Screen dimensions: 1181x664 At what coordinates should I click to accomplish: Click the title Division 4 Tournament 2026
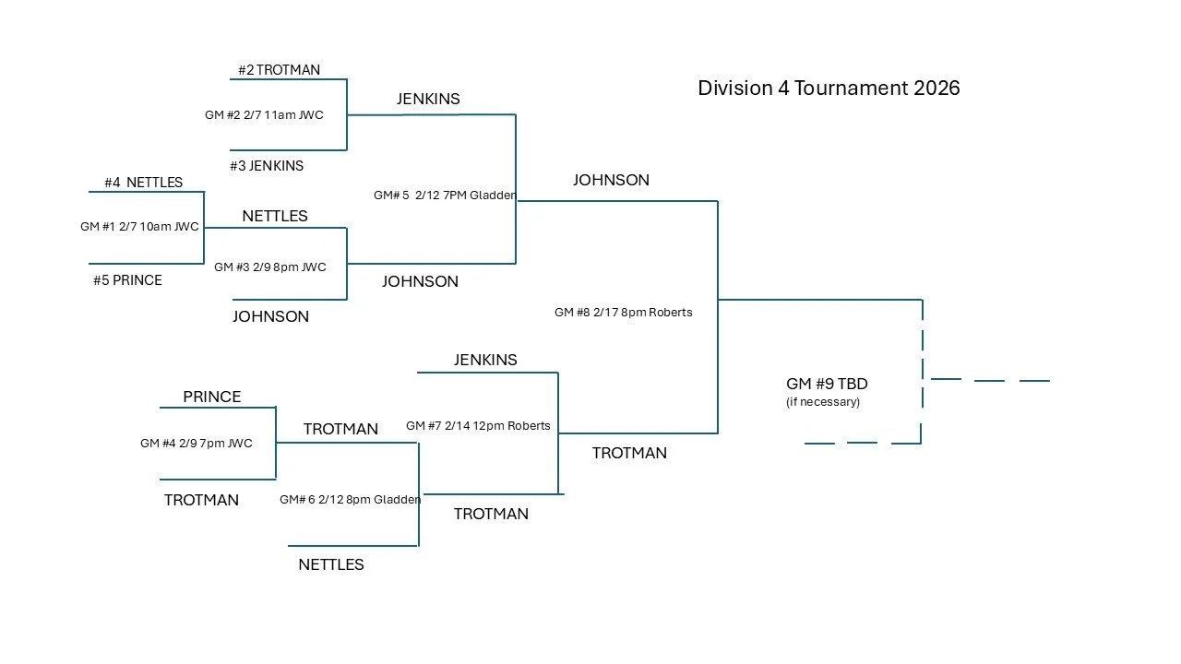point(829,89)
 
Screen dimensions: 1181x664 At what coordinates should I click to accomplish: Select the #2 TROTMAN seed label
point(279,70)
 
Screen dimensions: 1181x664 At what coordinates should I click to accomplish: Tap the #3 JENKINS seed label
point(267,166)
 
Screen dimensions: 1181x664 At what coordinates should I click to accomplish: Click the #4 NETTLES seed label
point(143,183)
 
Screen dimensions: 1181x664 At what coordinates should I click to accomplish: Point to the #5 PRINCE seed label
point(127,280)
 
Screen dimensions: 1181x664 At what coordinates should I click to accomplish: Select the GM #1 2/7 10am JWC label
point(139,227)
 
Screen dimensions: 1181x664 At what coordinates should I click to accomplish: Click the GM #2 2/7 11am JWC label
point(264,115)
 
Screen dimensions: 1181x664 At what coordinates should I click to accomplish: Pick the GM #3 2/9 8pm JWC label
point(270,267)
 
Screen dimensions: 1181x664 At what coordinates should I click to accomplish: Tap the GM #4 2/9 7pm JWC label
point(197,444)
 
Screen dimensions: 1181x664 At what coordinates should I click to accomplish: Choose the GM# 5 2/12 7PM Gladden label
point(445,196)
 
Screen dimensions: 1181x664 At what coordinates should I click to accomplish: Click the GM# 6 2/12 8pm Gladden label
point(351,500)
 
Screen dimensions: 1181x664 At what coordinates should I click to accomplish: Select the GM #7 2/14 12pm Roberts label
point(478,426)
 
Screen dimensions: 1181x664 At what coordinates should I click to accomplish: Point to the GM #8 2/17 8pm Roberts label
point(623,313)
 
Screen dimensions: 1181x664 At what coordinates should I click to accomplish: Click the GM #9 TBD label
point(827,384)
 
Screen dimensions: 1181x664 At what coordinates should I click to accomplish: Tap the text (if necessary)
point(823,402)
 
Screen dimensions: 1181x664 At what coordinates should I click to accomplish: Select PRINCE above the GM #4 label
point(212,397)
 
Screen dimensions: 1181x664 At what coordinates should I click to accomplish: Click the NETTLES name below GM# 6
point(331,564)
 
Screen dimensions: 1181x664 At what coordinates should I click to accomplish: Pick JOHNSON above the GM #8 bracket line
point(611,180)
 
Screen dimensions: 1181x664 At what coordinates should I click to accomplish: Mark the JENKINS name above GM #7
point(485,360)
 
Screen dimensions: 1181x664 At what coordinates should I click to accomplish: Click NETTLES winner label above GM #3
point(275,216)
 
